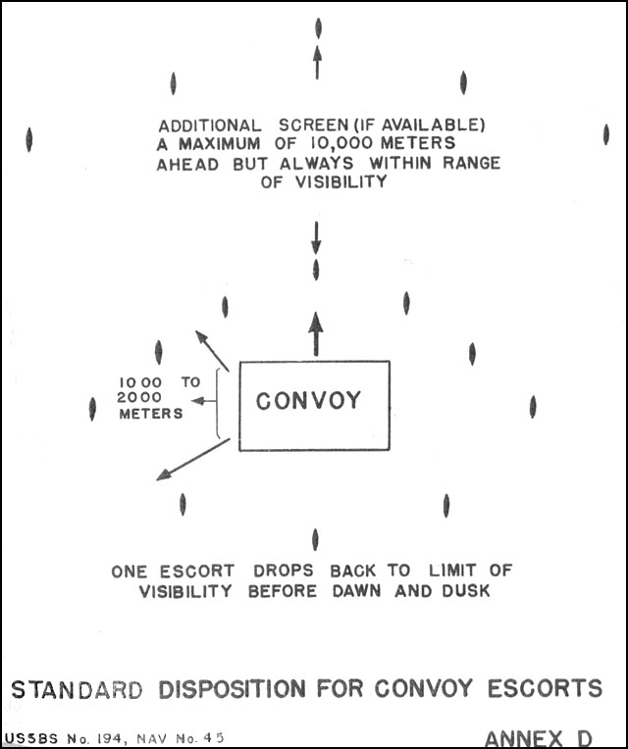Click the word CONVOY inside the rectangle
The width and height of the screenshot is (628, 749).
tap(308, 400)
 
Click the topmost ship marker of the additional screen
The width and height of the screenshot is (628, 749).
tap(318, 28)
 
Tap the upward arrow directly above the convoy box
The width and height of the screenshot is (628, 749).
tap(315, 334)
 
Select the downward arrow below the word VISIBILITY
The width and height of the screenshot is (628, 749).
tap(316, 237)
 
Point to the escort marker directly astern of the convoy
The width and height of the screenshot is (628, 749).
tap(315, 540)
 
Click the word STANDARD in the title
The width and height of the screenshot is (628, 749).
tap(77, 690)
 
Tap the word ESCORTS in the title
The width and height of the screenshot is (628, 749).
tap(545, 688)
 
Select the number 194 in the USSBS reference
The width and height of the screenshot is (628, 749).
tap(110, 738)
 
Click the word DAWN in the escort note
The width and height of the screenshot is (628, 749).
tap(356, 591)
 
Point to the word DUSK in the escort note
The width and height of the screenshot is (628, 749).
tap(466, 591)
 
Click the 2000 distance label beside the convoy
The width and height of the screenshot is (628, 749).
tap(139, 397)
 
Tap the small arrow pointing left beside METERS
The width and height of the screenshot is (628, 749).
tap(203, 401)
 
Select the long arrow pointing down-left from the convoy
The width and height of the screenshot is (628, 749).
tap(193, 460)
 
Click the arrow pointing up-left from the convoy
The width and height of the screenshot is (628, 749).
tap(212, 351)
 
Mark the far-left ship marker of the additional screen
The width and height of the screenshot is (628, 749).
tap(29, 139)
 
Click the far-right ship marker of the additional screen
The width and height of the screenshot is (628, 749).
tap(606, 134)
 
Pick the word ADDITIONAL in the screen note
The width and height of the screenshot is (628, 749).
tap(210, 126)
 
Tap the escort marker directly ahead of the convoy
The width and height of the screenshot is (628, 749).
tap(315, 270)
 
